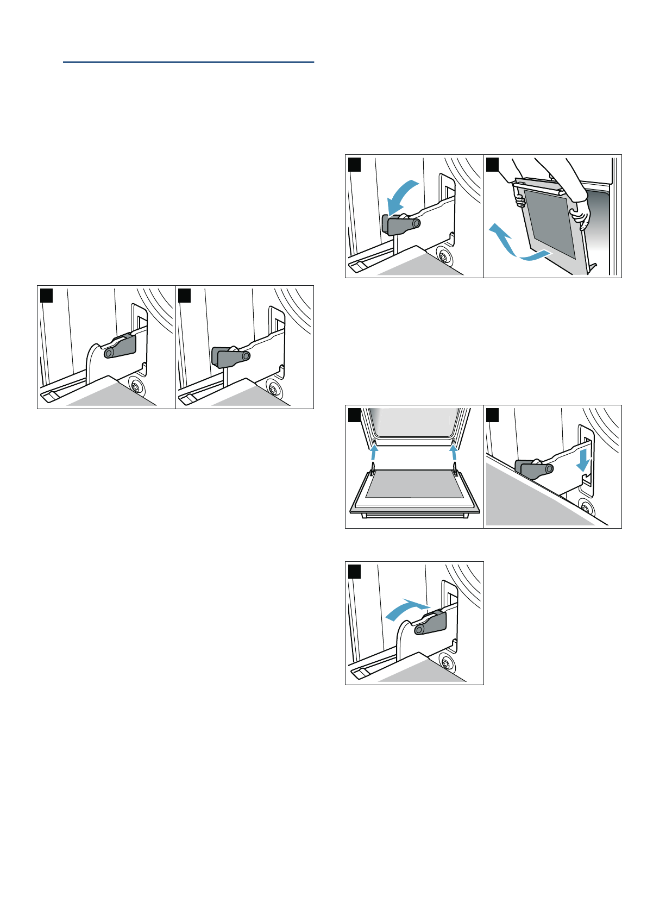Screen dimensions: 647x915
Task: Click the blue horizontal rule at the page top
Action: tap(188, 62)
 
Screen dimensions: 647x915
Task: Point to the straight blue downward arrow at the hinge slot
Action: tap(583, 459)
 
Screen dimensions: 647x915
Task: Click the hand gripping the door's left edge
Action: tap(520, 202)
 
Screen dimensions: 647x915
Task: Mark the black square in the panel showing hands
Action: tap(492, 164)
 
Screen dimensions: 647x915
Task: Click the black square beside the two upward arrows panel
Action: tap(354, 415)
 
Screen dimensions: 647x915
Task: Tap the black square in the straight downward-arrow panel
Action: tap(492, 415)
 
